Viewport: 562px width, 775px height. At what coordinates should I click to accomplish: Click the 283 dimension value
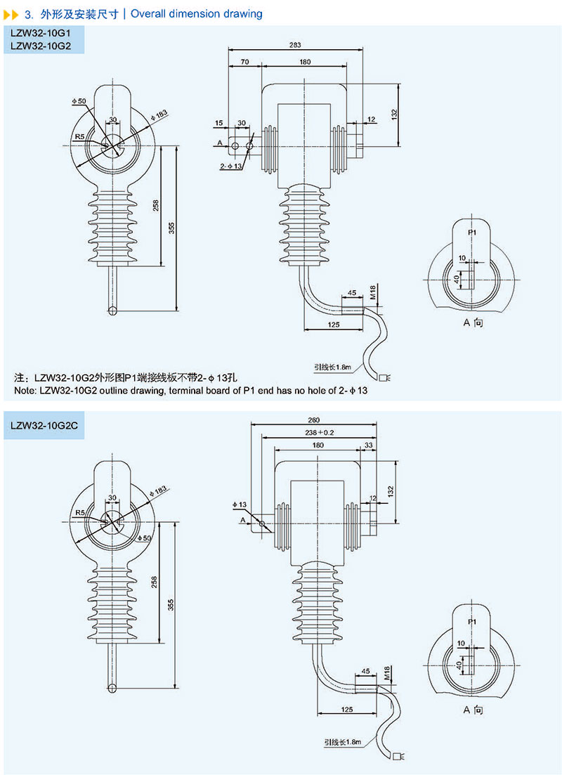(x=294, y=45)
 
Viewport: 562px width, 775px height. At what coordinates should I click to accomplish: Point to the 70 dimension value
(x=245, y=63)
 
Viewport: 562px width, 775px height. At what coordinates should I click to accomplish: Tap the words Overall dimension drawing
(x=197, y=13)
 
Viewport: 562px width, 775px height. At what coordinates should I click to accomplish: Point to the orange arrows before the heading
(x=12, y=13)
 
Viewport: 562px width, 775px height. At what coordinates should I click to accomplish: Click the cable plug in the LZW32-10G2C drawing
(x=401, y=757)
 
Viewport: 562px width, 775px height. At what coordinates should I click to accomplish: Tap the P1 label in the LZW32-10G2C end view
(x=472, y=623)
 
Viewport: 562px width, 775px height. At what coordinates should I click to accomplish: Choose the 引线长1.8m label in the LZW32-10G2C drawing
(x=342, y=741)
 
